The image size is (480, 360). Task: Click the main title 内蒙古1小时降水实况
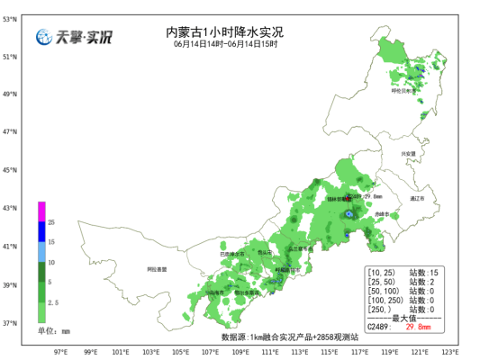coord(225,31)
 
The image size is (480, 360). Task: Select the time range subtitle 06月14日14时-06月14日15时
coord(225,43)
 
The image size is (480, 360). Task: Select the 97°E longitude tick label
coord(62,352)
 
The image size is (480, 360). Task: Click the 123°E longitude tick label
coord(450,352)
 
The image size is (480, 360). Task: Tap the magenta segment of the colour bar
coord(41,210)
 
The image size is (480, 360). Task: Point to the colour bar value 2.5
coord(52,303)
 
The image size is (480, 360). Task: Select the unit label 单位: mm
coord(53,331)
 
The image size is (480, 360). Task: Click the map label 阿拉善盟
coord(157,269)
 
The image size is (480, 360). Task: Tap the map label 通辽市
coord(417,196)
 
